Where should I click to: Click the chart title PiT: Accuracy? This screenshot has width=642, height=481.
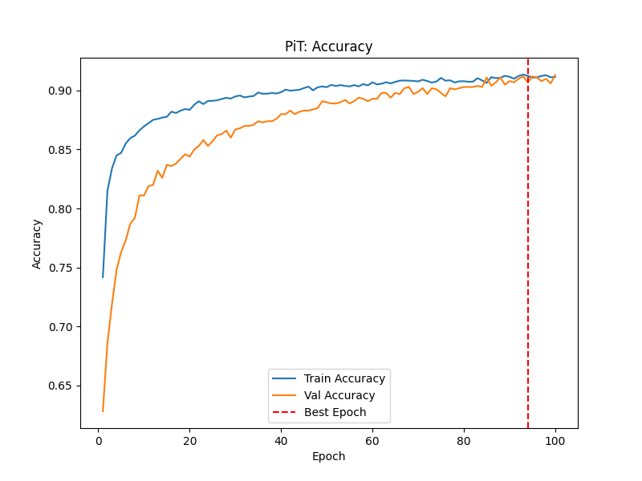pyautogui.click(x=329, y=46)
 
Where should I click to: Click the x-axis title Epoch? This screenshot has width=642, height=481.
pyautogui.click(x=329, y=456)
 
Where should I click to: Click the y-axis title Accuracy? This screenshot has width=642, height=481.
pyautogui.click(x=37, y=244)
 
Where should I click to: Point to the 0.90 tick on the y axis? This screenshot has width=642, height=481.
pyautogui.click(x=61, y=91)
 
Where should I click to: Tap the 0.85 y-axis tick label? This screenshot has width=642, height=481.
pyautogui.click(x=61, y=150)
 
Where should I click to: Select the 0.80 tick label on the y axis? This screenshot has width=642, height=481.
pyautogui.click(x=61, y=209)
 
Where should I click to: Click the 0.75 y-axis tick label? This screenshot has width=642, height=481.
pyautogui.click(x=61, y=268)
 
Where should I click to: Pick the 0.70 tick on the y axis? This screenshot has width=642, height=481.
pyautogui.click(x=61, y=327)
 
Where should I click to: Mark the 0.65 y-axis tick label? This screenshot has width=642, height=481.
pyautogui.click(x=61, y=386)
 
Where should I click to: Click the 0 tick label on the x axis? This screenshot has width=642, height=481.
pyautogui.click(x=99, y=440)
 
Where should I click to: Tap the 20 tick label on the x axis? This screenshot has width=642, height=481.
pyautogui.click(x=189, y=440)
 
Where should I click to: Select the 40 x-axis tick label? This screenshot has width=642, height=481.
pyautogui.click(x=281, y=440)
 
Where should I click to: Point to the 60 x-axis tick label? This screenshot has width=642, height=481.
pyautogui.click(x=372, y=440)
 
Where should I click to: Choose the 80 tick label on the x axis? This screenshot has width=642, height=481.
pyautogui.click(x=464, y=440)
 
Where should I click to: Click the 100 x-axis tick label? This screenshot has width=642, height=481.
pyautogui.click(x=555, y=440)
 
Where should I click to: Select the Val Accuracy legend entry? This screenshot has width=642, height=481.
pyautogui.click(x=339, y=395)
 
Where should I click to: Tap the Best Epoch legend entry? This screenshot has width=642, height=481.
pyautogui.click(x=335, y=413)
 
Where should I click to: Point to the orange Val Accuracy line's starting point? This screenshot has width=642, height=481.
pyautogui.click(x=103, y=411)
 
